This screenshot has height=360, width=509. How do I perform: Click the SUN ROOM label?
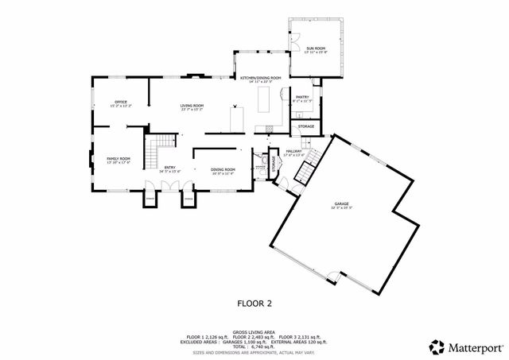tap(316, 48)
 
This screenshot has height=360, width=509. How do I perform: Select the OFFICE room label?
tap(121, 102)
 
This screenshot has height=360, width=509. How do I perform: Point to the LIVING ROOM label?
tap(192, 106)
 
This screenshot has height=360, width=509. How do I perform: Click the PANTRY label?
tap(302, 97)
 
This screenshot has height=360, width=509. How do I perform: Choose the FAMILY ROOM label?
tap(119, 159)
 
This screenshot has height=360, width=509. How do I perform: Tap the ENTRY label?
tap(169, 167)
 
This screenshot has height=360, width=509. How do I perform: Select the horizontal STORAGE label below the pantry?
tap(306, 126)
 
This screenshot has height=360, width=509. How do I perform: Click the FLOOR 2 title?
tap(254, 303)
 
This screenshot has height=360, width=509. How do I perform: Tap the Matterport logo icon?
tap(437, 346)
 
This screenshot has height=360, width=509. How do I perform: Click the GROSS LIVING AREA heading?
tap(254, 332)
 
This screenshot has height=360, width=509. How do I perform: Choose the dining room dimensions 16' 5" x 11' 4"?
tap(223, 172)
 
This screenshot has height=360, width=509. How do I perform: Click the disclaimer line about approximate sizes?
tap(254, 353)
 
